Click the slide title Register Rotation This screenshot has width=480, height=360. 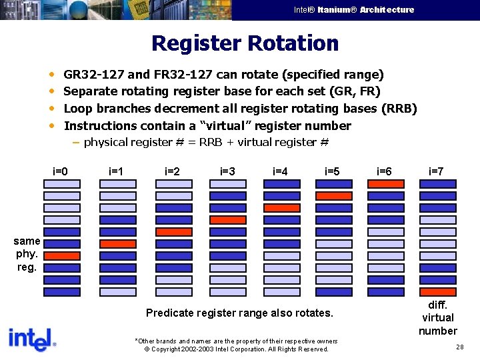[x=245, y=44]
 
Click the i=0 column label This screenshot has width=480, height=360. [x=61, y=171]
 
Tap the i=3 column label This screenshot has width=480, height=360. [x=227, y=171]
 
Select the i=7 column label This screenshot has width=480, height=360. [x=437, y=171]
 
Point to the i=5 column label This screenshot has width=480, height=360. [x=332, y=171]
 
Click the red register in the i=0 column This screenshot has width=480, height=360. [x=62, y=256]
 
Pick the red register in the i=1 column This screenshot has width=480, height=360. [x=118, y=244]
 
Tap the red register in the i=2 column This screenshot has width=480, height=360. [x=174, y=232]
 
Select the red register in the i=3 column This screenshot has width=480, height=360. [x=228, y=220]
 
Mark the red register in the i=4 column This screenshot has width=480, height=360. [x=282, y=208]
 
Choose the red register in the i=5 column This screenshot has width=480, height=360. [x=334, y=196]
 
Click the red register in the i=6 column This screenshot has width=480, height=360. [x=386, y=184]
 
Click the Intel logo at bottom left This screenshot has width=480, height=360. [x=32, y=339]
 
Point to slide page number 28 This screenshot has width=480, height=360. [x=460, y=347]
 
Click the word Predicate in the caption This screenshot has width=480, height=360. [x=167, y=313]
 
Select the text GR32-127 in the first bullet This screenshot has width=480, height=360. [x=93, y=75]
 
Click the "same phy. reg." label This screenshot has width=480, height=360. [x=27, y=254]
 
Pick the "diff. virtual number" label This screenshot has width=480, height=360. [x=437, y=317]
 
